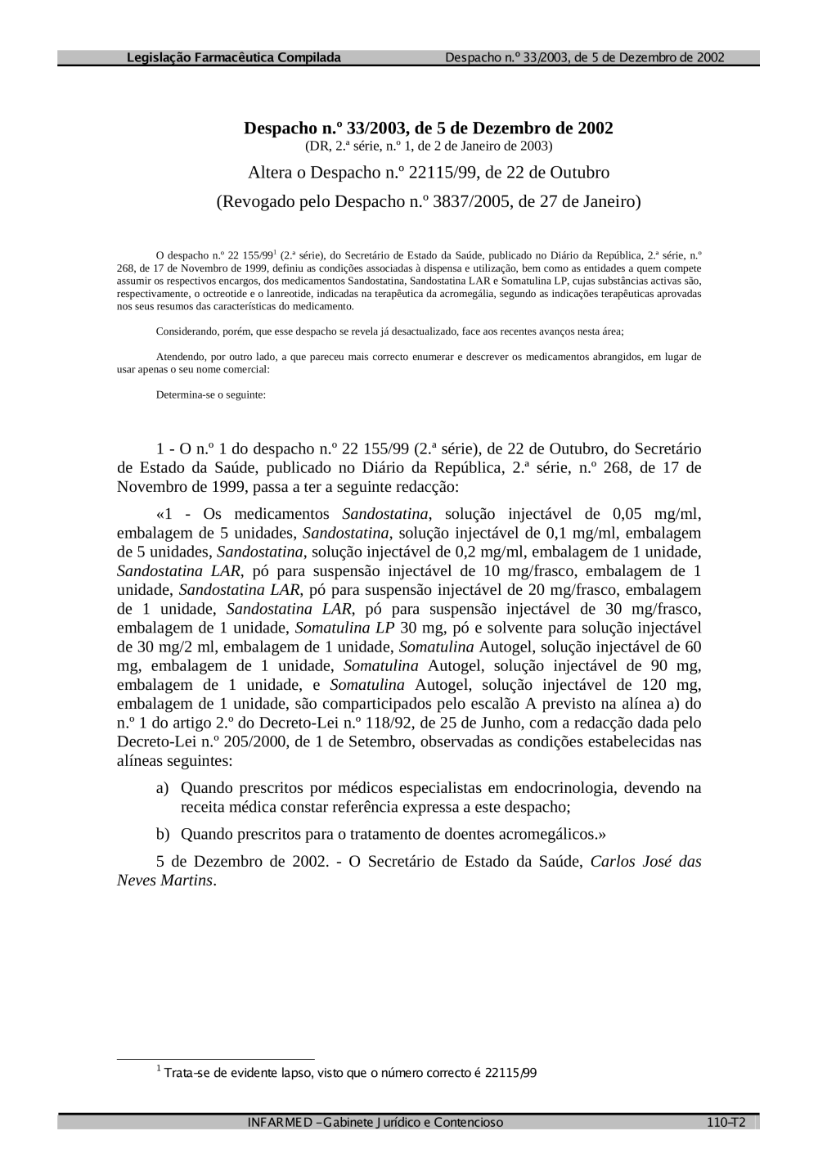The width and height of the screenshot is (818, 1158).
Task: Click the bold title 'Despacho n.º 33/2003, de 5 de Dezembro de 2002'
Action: (428, 128)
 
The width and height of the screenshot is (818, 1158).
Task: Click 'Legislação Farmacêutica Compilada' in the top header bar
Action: (234, 58)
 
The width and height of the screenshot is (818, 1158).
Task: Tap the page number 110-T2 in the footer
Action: (726, 1123)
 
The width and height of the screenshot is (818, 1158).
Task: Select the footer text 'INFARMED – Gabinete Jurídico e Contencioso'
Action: (375, 1123)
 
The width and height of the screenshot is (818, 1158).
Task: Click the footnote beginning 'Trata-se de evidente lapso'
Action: (349, 1073)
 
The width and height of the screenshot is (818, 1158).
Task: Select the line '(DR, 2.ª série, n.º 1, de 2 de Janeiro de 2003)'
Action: (428, 146)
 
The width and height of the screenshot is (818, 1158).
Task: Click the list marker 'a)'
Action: (163, 788)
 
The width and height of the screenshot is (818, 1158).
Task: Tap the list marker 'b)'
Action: (163, 834)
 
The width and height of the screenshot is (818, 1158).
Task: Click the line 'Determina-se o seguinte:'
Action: (210, 394)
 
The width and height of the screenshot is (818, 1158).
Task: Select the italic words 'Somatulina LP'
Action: (344, 628)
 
